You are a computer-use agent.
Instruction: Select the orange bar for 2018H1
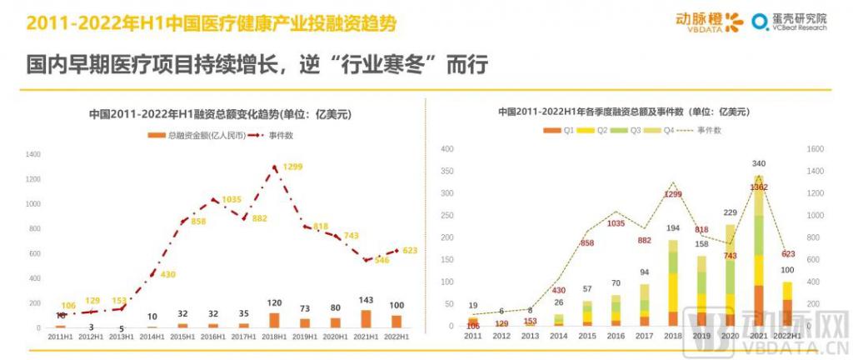click(275, 320)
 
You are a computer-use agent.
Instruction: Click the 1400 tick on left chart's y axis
click(33, 154)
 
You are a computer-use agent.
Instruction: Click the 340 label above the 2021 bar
click(758, 163)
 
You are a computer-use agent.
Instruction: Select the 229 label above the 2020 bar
click(730, 212)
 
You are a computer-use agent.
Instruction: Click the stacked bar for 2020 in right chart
click(731, 275)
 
